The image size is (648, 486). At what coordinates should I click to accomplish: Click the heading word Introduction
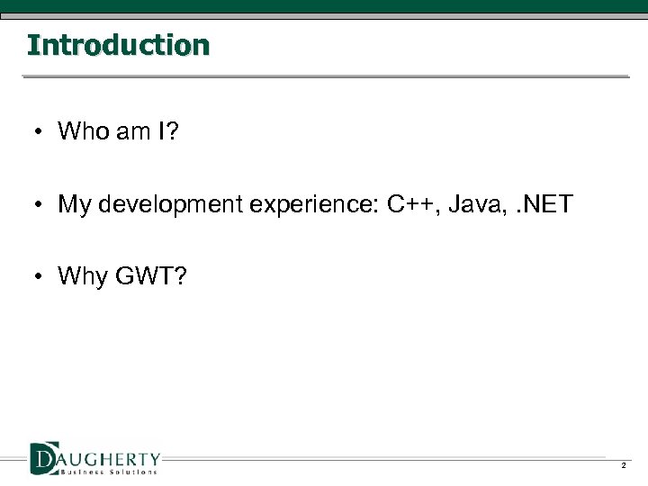pyautogui.click(x=118, y=45)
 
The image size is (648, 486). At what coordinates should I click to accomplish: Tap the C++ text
pyautogui.click(x=410, y=204)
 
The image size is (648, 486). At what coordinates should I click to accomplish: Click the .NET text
pyautogui.click(x=542, y=204)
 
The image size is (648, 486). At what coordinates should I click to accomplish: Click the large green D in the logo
pyautogui.click(x=43, y=456)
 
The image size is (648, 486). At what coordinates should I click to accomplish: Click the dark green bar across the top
pyautogui.click(x=324, y=7)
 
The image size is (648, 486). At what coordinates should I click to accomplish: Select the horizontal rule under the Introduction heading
pyautogui.click(x=324, y=76)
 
